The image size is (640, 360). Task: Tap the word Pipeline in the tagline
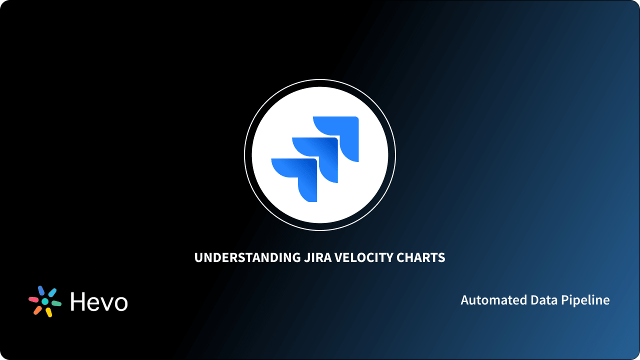click(x=585, y=300)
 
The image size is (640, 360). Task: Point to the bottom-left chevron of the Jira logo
click(x=302, y=177)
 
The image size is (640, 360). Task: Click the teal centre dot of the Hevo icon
click(x=45, y=301)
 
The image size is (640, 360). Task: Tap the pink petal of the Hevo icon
click(x=33, y=299)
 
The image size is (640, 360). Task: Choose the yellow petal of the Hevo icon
click(x=49, y=312)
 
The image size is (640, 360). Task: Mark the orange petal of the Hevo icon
click(x=37, y=310)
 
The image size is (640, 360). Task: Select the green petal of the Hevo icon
click(x=56, y=303)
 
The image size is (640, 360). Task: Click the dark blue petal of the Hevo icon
click(x=41, y=290)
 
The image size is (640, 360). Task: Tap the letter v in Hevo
click(x=106, y=303)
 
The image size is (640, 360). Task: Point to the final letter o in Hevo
click(x=120, y=303)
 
